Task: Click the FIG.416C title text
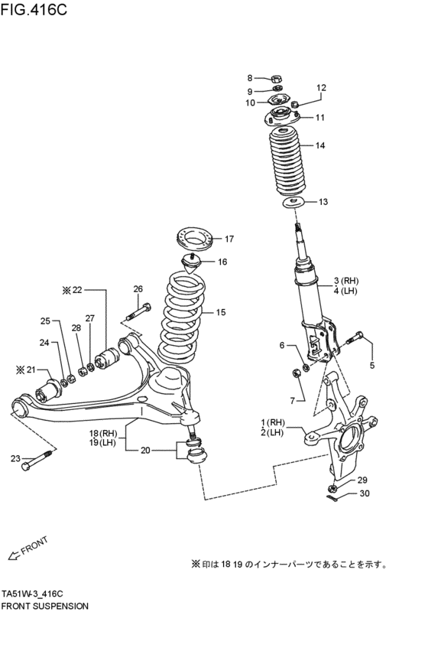34,9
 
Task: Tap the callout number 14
319,145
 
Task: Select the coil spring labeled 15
180,318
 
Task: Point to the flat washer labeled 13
294,203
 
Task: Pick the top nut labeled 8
277,78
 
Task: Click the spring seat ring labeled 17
194,239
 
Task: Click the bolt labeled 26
138,312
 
